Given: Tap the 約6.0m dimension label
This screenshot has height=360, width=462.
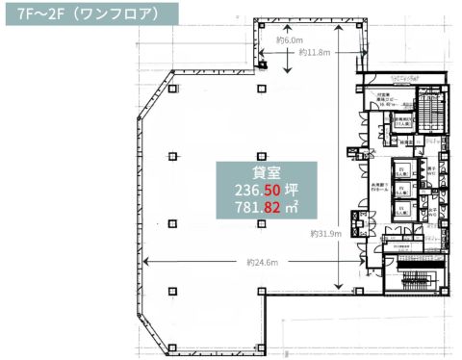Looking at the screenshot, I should [x=290, y=40].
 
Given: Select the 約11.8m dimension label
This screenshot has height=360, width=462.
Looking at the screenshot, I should [x=319, y=52].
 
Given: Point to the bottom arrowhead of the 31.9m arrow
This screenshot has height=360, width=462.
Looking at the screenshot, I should [x=339, y=287].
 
